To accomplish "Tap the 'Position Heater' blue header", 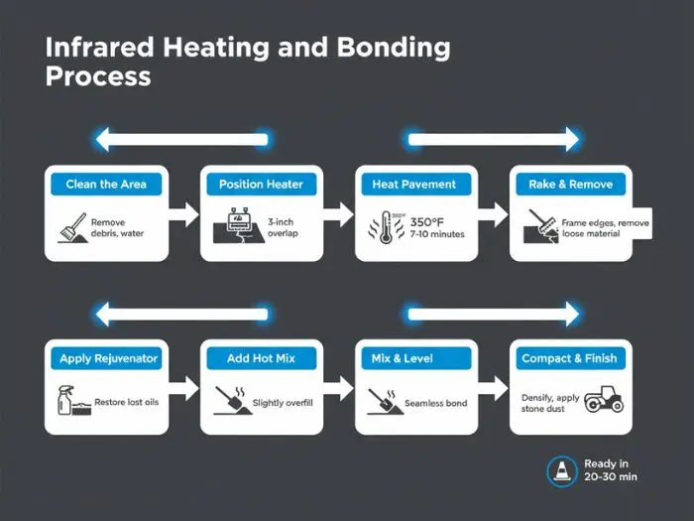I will (261, 185).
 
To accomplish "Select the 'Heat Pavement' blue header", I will (414, 185).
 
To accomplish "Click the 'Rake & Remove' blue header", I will (569, 185).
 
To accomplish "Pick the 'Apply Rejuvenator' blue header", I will (108, 358).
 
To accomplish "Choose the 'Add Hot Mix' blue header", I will (261, 358).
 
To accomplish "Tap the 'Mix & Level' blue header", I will (414, 358).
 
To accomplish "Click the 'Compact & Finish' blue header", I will (571, 358).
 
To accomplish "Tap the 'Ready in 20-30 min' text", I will (609, 470).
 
